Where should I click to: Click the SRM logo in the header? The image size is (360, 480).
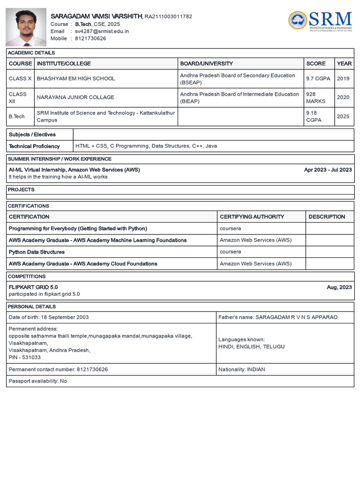coord(321,20)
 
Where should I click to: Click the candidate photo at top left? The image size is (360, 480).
coord(26,27)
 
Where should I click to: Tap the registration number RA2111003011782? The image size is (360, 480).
coord(168,16)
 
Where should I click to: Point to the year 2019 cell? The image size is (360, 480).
coord(343,79)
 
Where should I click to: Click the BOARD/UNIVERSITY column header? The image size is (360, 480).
coord(206,63)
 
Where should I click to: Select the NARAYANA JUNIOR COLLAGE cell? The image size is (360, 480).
coord(75,97)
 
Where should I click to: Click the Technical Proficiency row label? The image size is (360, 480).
coord(34,146)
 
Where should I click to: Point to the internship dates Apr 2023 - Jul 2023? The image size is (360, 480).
coord(328,170)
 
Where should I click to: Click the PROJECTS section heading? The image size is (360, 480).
coord(21,190)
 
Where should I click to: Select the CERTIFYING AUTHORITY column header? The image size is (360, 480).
coord(252,217)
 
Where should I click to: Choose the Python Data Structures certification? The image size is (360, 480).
coord(37,252)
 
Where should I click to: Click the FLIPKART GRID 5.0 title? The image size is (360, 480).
coord(33,287)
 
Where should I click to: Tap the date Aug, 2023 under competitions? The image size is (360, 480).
coord(339,287)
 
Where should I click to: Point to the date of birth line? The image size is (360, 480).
coord(49,317)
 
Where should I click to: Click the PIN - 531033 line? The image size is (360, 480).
coord(24,357)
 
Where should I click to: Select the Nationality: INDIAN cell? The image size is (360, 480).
coord(241,369)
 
